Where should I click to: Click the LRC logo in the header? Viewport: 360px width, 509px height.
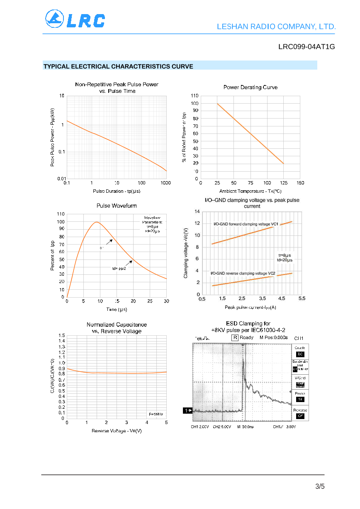(x=75, y=19)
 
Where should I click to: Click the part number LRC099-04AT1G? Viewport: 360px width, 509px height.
(x=306, y=47)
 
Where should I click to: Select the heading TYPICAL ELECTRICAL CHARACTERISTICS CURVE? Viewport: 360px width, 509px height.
(x=118, y=66)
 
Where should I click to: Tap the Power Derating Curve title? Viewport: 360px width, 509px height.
(x=251, y=87)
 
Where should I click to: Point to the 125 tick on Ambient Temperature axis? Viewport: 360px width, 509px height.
(x=284, y=183)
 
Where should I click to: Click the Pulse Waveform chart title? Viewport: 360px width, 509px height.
(x=117, y=206)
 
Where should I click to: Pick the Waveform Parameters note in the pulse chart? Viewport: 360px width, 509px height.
(x=152, y=224)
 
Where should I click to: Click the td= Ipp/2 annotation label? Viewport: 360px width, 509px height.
(x=119, y=269)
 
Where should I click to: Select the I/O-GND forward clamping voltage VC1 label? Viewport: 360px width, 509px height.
(x=246, y=224)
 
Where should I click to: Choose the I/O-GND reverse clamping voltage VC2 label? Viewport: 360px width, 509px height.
(x=243, y=273)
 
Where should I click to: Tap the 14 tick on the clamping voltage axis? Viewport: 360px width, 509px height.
(x=197, y=212)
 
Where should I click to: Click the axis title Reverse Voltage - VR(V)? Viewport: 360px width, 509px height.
(x=117, y=431)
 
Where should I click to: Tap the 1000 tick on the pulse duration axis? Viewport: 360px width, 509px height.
(x=166, y=183)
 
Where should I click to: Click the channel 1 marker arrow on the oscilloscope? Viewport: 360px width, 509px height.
(x=187, y=410)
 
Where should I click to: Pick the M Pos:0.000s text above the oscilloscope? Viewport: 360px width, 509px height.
(x=274, y=337)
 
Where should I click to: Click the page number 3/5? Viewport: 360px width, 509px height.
(x=320, y=486)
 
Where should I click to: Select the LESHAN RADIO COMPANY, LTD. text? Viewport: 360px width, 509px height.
(x=276, y=27)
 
